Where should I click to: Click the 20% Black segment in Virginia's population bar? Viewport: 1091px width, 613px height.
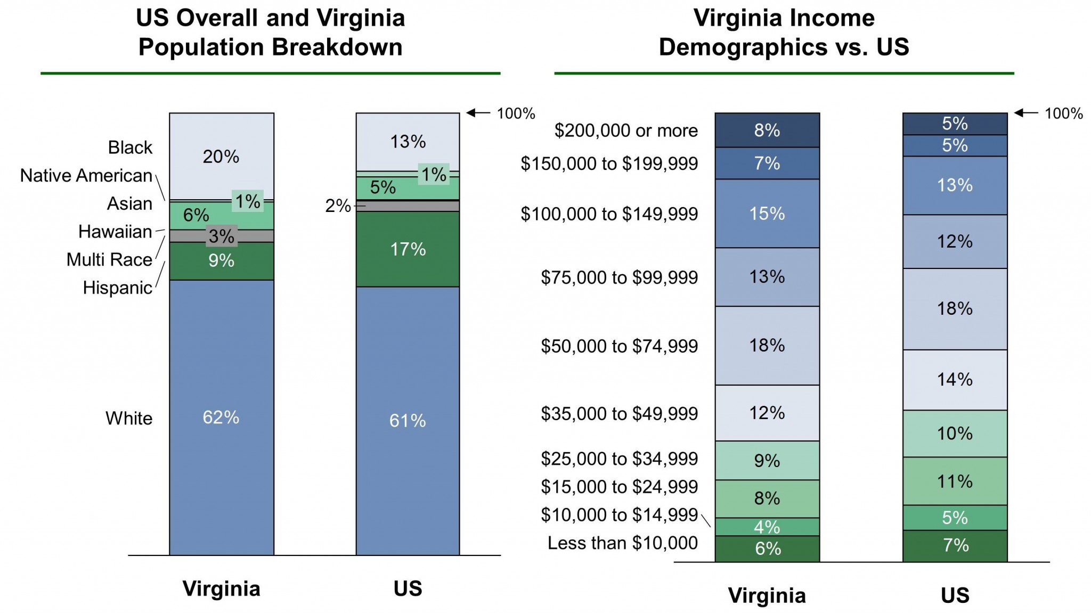[x=221, y=156]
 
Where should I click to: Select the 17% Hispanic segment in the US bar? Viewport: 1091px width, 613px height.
[x=408, y=249]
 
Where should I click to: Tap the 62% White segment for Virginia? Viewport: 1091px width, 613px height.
[x=221, y=417]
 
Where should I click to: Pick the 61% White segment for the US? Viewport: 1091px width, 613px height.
[x=408, y=421]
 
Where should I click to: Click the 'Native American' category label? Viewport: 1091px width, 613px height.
[x=86, y=175]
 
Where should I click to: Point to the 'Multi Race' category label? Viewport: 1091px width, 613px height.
[x=109, y=259]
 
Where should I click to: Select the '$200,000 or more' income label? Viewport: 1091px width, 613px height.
[x=626, y=130]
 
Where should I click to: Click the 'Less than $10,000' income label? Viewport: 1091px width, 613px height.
[x=622, y=543]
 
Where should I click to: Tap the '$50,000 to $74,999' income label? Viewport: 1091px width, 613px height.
[x=619, y=346]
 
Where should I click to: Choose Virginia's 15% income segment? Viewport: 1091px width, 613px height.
[x=767, y=214]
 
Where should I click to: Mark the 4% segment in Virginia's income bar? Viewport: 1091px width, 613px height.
[x=767, y=527]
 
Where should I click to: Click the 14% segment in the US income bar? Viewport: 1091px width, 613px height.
[x=955, y=379]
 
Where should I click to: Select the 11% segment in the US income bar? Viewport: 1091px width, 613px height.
[x=955, y=481]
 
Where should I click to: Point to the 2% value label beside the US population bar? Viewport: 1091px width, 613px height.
[x=338, y=206]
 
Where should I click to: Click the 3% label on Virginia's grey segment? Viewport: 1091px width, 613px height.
[x=222, y=236]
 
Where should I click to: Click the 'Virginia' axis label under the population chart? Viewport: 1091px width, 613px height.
[x=221, y=589]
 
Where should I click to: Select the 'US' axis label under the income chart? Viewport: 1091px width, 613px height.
[x=955, y=595]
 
